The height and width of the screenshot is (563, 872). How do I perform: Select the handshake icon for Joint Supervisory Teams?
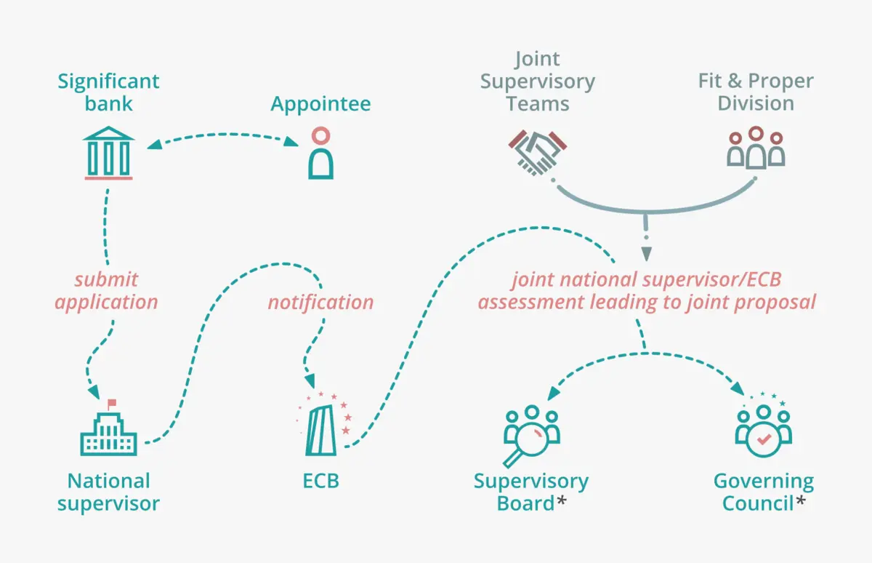[x=538, y=151]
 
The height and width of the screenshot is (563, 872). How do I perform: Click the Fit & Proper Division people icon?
[x=756, y=148]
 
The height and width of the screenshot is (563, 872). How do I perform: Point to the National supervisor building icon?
[x=108, y=430]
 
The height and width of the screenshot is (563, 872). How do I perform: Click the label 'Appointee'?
[x=320, y=104]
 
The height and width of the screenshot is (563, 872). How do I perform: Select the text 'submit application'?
[x=106, y=290]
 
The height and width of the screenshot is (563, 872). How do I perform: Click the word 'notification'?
[x=320, y=301]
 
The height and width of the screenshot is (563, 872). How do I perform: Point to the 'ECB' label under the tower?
[x=320, y=481]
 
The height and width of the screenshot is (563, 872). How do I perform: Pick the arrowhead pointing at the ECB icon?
[x=310, y=382]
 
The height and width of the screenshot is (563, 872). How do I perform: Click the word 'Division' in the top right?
[x=756, y=103]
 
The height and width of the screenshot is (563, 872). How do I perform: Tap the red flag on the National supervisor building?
[x=112, y=402]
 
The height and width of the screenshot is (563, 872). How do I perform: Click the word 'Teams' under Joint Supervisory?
[x=538, y=103]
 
